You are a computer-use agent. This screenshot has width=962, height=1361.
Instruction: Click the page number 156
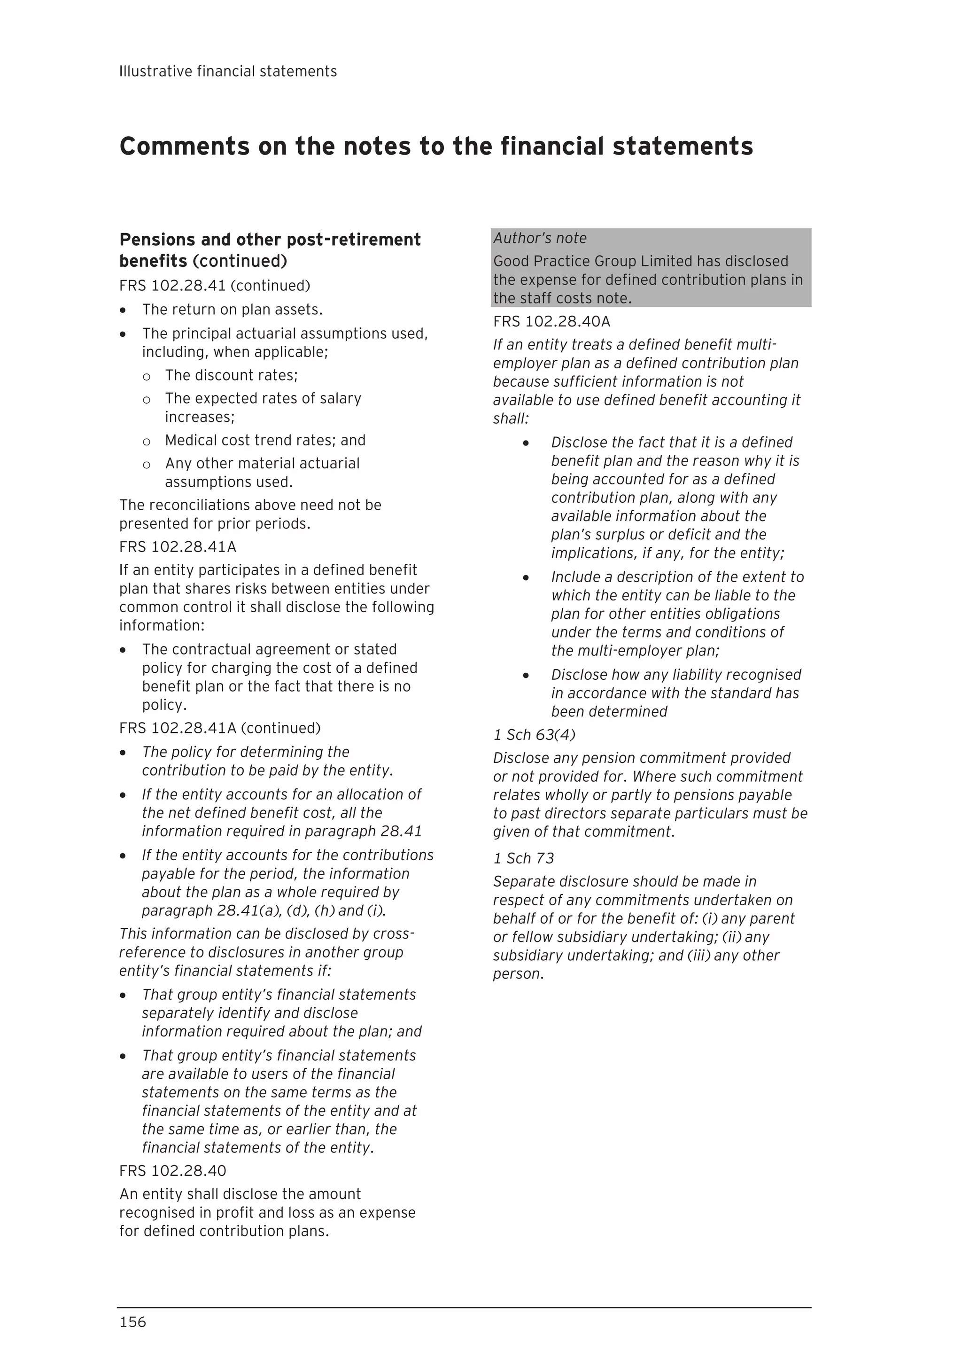pyautogui.click(x=133, y=1322)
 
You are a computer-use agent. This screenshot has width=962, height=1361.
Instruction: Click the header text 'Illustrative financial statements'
pyautogui.click(x=228, y=72)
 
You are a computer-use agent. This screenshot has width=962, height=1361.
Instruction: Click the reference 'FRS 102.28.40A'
pyautogui.click(x=551, y=322)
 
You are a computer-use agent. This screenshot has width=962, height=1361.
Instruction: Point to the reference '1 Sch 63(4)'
pyautogui.click(x=534, y=735)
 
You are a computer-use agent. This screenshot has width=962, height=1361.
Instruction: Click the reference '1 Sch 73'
pyautogui.click(x=523, y=858)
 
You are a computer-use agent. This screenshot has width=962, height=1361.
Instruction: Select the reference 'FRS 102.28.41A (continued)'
pyautogui.click(x=219, y=728)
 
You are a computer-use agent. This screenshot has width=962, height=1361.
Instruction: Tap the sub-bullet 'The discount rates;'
pyautogui.click(x=231, y=375)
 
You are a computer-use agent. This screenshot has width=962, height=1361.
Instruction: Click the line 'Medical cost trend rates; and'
pyautogui.click(x=265, y=440)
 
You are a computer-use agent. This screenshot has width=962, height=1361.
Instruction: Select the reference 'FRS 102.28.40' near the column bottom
pyautogui.click(x=172, y=1171)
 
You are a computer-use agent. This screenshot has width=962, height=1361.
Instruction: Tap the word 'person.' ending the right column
pyautogui.click(x=518, y=974)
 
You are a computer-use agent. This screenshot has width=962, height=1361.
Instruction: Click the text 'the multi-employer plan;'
pyautogui.click(x=635, y=651)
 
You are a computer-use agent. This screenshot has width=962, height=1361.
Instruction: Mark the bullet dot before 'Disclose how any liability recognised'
pyautogui.click(x=525, y=675)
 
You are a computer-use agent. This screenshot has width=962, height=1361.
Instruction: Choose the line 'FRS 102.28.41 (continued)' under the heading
pyautogui.click(x=215, y=286)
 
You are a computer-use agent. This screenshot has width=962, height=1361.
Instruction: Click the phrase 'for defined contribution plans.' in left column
pyautogui.click(x=224, y=1231)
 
